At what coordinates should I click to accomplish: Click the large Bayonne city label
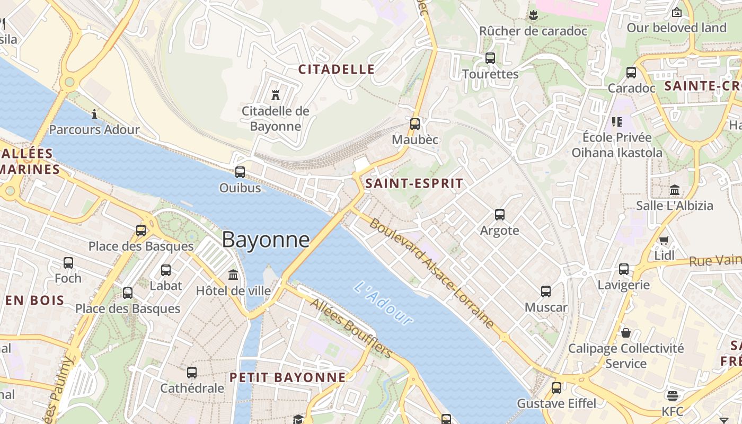pyautogui.click(x=266, y=240)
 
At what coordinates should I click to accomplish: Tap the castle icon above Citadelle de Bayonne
pyautogui.click(x=275, y=95)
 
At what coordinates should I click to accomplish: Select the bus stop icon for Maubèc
pyautogui.click(x=415, y=124)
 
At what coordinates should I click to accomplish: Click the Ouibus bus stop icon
pyautogui.click(x=240, y=172)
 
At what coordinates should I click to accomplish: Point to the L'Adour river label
pyautogui.click(x=383, y=304)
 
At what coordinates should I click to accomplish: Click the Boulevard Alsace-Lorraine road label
pyautogui.click(x=432, y=273)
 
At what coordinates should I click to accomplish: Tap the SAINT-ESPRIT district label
pyautogui.click(x=414, y=184)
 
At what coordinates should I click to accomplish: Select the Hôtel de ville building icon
pyautogui.click(x=233, y=275)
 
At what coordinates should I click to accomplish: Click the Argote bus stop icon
pyautogui.click(x=500, y=215)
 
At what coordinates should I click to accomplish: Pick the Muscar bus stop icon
pyautogui.click(x=546, y=291)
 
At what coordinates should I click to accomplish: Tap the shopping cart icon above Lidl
pyautogui.click(x=664, y=240)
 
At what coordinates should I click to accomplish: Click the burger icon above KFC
pyautogui.click(x=673, y=395)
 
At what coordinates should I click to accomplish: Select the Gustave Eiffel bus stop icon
pyautogui.click(x=556, y=387)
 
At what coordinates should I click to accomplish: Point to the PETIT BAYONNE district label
pyautogui.click(x=287, y=377)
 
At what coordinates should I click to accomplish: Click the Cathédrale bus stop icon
pyautogui.click(x=192, y=373)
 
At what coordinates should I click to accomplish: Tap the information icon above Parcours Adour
pyautogui.click(x=94, y=113)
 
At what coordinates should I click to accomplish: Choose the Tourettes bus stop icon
pyautogui.click(x=490, y=58)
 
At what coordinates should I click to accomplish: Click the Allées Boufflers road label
pyautogui.click(x=351, y=328)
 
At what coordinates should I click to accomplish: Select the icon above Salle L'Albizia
pyautogui.click(x=675, y=190)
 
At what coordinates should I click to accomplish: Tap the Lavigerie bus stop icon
pyautogui.click(x=624, y=269)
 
